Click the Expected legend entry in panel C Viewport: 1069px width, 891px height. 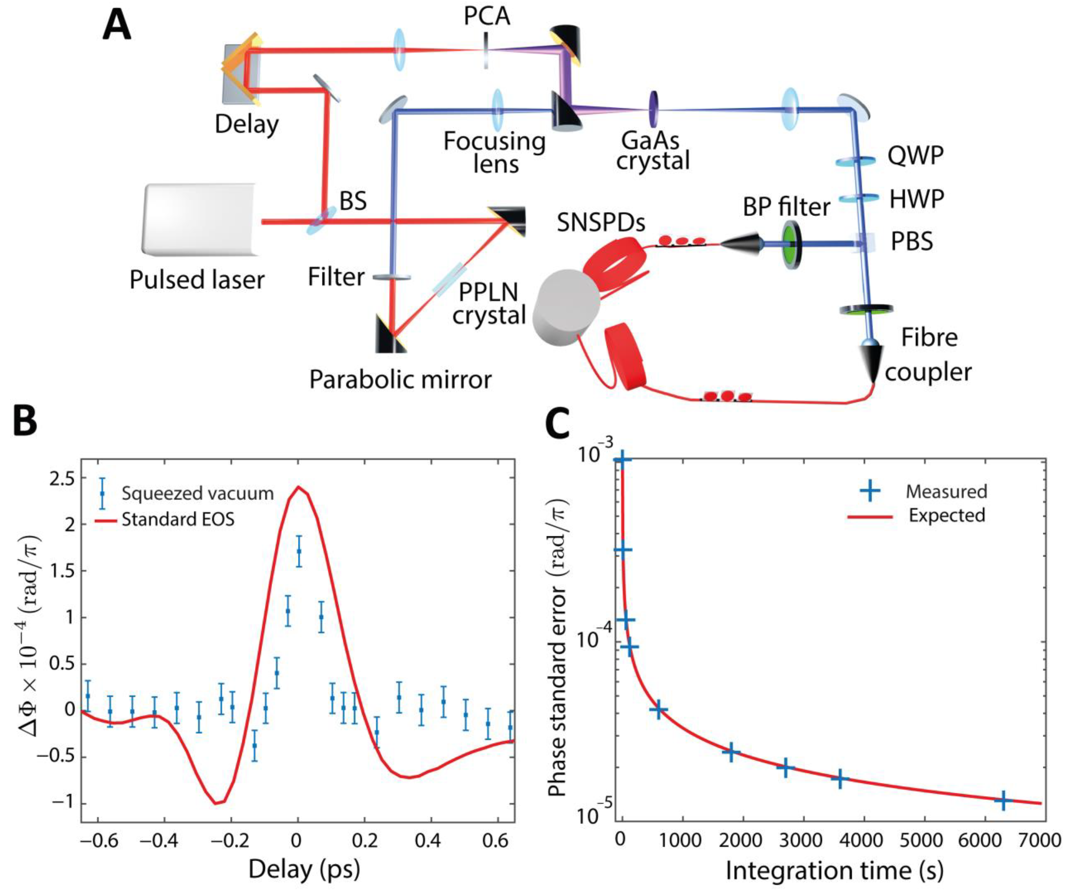pos(947,515)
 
